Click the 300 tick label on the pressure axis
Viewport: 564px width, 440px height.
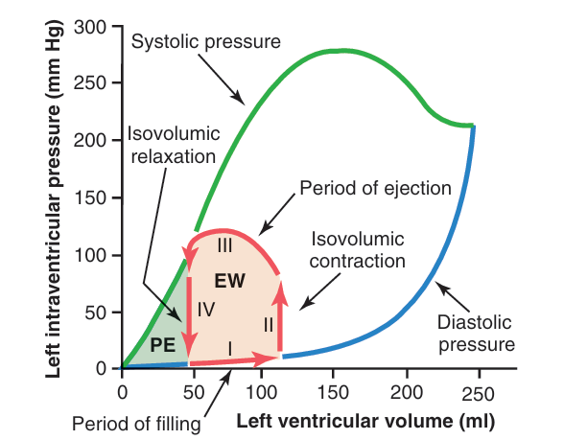pyautogui.click(x=90, y=27)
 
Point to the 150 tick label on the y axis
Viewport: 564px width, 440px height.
pyautogui.click(x=90, y=197)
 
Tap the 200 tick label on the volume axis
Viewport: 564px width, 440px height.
pyautogui.click(x=407, y=392)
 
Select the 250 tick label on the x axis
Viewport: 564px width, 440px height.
pyautogui.click(x=478, y=394)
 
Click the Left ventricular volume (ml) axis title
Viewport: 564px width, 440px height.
pyautogui.click(x=365, y=422)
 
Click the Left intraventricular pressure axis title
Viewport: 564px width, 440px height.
pyautogui.click(x=54, y=199)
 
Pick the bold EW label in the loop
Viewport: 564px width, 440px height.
pyautogui.click(x=230, y=281)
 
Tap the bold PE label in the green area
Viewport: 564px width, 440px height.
pyautogui.click(x=163, y=345)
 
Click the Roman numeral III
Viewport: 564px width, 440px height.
pyautogui.click(x=224, y=246)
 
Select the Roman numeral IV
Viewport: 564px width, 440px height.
pyautogui.click(x=206, y=309)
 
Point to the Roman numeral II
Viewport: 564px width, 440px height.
pyautogui.click(x=269, y=325)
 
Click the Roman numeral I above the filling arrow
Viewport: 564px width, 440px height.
pyautogui.click(x=230, y=349)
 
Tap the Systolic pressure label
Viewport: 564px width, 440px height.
pyautogui.click(x=205, y=42)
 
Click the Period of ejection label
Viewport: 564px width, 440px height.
pyautogui.click(x=376, y=188)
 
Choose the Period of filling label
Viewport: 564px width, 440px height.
pyautogui.click(x=136, y=424)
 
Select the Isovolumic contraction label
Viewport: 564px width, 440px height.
pyautogui.click(x=358, y=250)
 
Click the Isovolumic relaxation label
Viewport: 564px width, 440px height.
pyautogui.click(x=174, y=146)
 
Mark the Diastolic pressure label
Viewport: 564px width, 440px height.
pyautogui.click(x=477, y=334)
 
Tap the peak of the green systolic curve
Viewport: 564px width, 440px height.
pyautogui.click(x=341, y=51)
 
